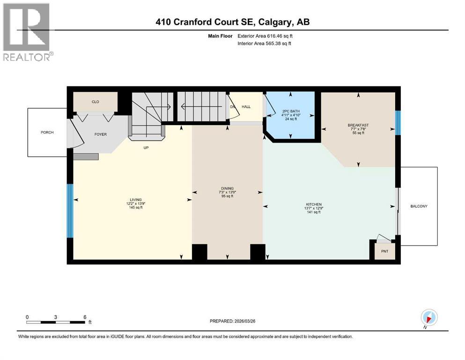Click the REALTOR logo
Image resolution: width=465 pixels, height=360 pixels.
[x=27, y=32]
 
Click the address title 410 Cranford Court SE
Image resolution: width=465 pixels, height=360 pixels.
[x=232, y=22]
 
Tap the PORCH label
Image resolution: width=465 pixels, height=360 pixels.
[x=46, y=133]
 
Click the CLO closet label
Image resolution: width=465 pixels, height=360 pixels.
[x=95, y=101]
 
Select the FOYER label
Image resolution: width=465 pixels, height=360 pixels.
[x=100, y=135]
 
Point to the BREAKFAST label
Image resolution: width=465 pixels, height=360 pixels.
[x=358, y=125]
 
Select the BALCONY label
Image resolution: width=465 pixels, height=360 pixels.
[x=419, y=206]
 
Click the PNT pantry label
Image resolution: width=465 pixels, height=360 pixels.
[x=384, y=251]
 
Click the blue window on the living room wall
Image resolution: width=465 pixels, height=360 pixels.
[x=70, y=211]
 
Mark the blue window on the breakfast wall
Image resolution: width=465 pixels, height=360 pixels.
[x=398, y=123]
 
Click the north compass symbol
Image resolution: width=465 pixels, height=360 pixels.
[x=429, y=317]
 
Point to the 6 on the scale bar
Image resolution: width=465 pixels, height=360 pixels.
[x=85, y=317]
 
